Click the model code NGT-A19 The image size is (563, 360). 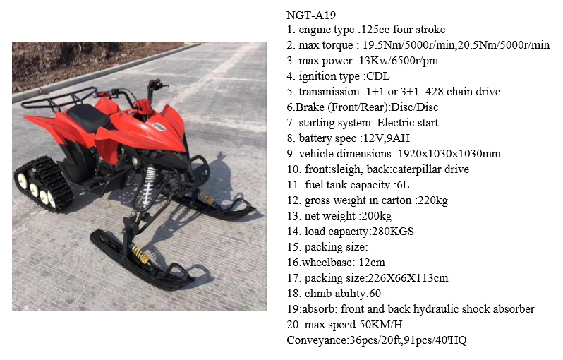coord(311,15)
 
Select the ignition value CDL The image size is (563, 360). coord(377,76)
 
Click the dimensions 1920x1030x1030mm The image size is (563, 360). coord(449,154)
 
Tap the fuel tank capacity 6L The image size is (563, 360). coord(403,185)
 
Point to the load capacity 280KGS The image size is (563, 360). coord(393,232)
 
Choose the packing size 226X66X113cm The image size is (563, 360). coord(407,278)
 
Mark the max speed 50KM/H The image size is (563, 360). coord(380,325)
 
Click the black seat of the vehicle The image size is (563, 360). coord(88,116)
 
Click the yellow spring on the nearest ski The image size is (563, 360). coord(141,255)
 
